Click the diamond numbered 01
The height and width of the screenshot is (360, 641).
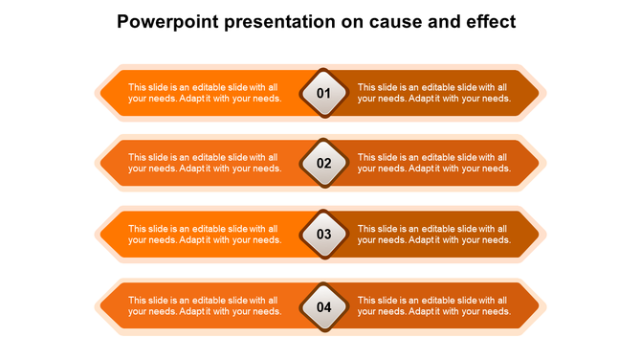point(323,93)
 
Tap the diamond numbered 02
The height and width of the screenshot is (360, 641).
point(323,163)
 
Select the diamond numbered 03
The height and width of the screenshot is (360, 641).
point(323,234)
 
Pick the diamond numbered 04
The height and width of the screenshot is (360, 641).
point(323,306)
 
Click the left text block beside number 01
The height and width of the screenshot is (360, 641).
point(204,93)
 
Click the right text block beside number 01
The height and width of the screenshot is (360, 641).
point(432,93)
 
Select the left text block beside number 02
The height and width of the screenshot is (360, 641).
point(204,163)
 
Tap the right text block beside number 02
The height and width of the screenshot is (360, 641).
point(432,163)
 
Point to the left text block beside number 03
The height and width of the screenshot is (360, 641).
point(204,235)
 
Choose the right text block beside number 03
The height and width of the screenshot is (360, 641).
point(432,235)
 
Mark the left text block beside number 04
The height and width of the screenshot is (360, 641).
point(204,306)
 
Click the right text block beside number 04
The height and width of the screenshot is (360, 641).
point(432,306)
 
